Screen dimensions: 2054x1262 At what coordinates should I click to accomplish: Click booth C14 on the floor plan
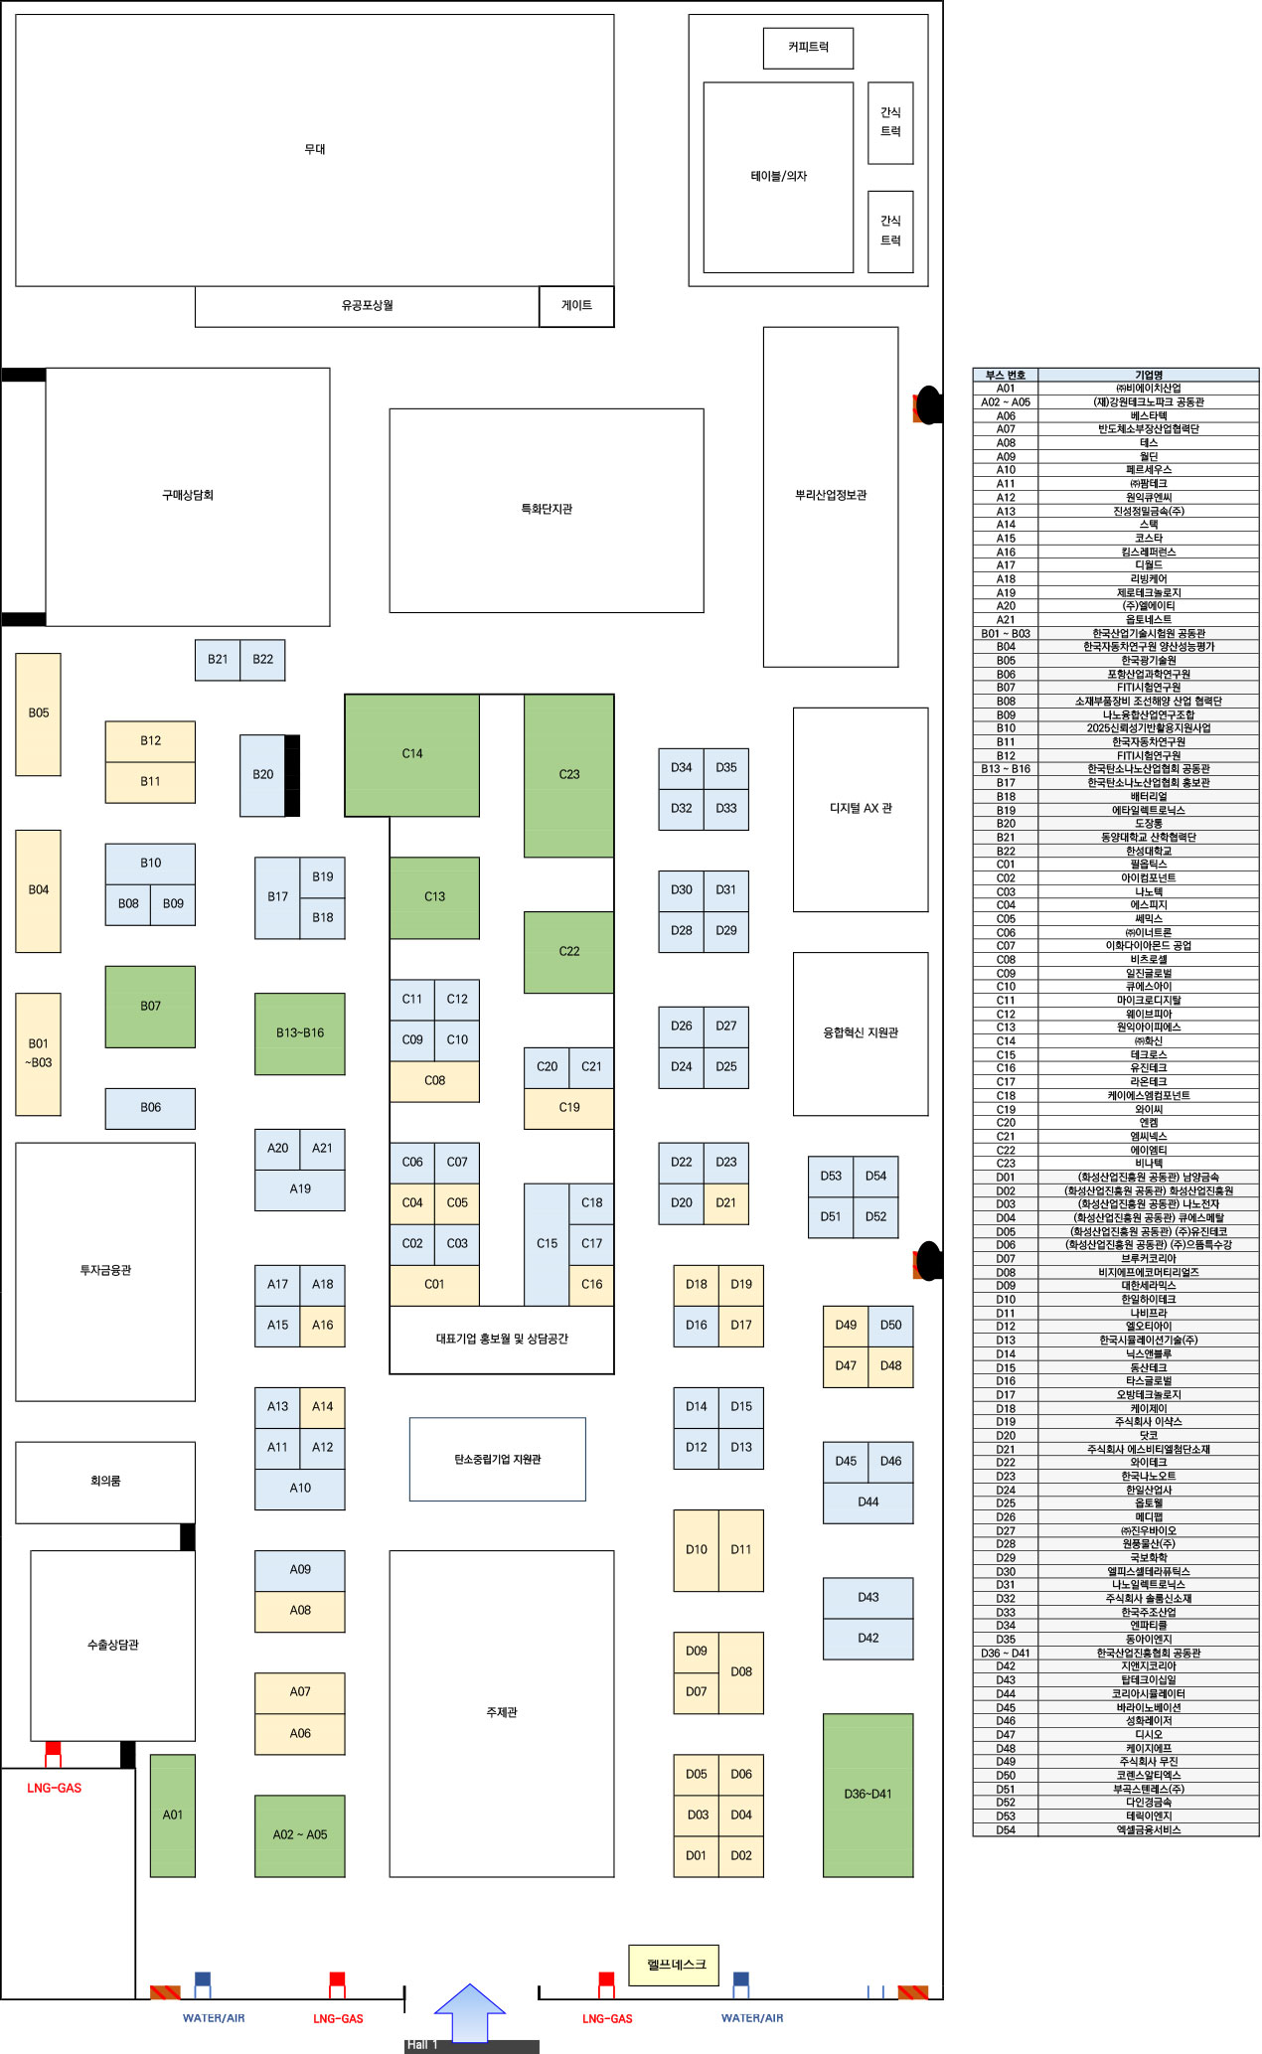(x=411, y=754)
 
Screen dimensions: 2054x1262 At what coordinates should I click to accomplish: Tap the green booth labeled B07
(x=150, y=1007)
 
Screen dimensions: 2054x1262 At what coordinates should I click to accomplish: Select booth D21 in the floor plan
(x=726, y=1202)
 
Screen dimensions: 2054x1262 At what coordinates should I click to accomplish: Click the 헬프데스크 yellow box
(x=675, y=1965)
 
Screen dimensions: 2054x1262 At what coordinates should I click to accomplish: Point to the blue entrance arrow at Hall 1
(x=470, y=2011)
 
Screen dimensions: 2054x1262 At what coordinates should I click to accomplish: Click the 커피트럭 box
(x=808, y=48)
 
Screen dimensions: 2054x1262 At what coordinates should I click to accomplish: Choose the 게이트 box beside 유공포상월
(x=576, y=306)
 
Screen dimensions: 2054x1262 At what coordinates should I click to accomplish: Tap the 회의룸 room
(x=105, y=1482)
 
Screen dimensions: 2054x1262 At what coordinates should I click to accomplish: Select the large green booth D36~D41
(x=868, y=1795)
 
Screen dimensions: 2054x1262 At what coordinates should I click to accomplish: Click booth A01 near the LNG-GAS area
(x=173, y=1816)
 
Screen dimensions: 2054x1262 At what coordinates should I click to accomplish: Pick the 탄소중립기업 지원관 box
(x=498, y=1460)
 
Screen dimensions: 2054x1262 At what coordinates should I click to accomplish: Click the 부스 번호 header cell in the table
(x=1006, y=375)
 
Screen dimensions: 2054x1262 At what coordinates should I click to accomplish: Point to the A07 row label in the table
(x=1006, y=429)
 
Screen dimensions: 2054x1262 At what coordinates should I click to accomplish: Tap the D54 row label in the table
(x=1006, y=1829)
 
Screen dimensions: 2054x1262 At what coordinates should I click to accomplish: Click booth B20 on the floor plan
(x=262, y=775)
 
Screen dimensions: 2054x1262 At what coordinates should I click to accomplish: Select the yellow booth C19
(x=568, y=1108)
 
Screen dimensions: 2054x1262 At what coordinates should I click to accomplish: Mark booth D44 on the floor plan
(x=868, y=1502)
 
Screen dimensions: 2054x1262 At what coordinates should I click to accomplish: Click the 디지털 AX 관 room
(x=861, y=809)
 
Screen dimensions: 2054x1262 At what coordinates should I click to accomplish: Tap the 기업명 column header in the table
(x=1149, y=375)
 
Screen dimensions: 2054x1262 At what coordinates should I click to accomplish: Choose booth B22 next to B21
(x=262, y=660)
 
